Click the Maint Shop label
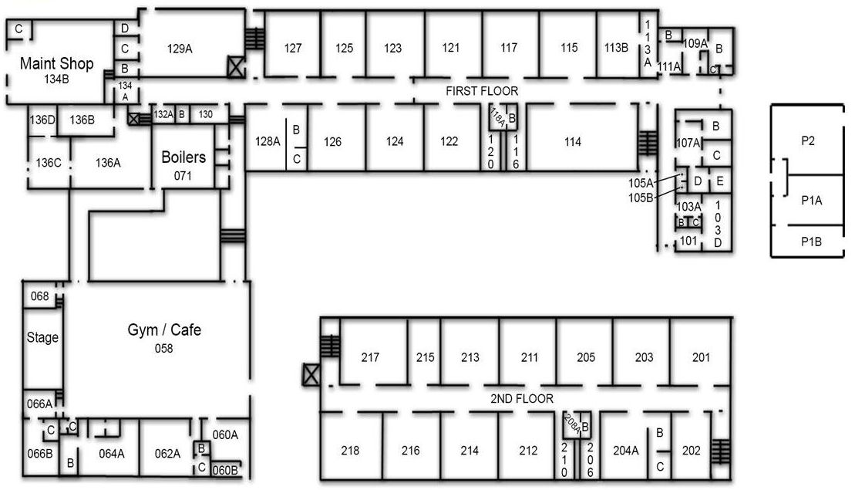tap(57, 63)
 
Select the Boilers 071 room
tap(183, 157)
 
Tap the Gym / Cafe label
tap(164, 329)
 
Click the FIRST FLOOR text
tap(482, 91)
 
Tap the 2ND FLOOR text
tap(522, 399)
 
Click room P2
tap(807, 140)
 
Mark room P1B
tap(811, 242)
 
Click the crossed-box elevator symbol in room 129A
tap(236, 66)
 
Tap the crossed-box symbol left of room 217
tap(311, 375)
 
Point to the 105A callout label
tap(641, 184)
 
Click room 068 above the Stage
tap(40, 296)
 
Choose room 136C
tap(49, 163)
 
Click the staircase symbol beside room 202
tap(721, 451)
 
